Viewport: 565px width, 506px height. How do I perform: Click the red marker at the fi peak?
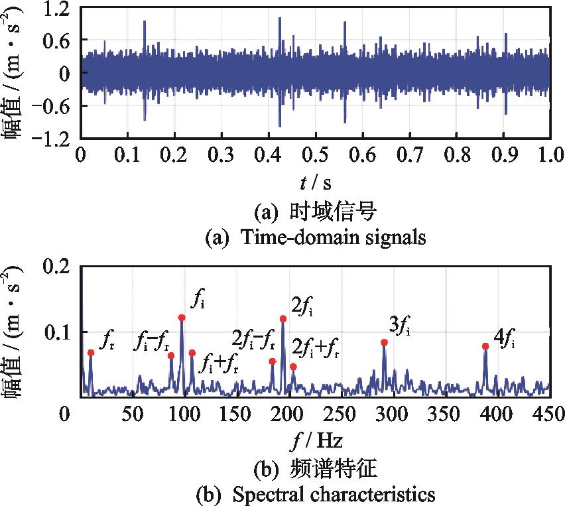(182, 318)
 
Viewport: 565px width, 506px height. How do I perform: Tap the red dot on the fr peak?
(91, 353)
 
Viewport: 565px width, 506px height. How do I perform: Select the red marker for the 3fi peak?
(384, 342)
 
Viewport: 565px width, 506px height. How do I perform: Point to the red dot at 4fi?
(485, 346)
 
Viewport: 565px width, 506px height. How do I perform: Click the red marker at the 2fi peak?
(283, 319)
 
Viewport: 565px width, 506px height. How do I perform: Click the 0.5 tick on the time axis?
(316, 155)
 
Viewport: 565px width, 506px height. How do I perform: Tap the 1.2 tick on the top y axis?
(57, 9)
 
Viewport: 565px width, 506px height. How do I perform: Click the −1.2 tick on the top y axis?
(52, 138)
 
